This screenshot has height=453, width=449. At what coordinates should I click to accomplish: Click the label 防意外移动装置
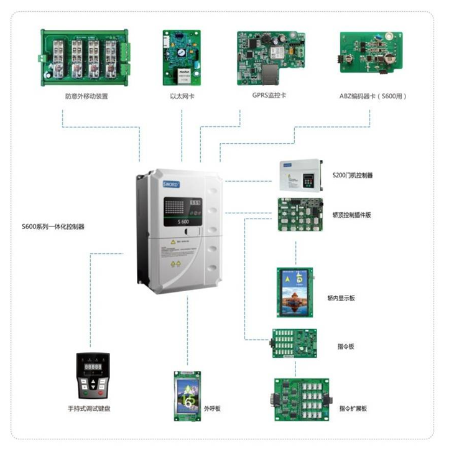tap(86, 96)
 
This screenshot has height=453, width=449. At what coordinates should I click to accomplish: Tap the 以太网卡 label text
tap(182, 96)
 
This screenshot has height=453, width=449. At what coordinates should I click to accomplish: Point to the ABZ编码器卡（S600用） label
tap(373, 96)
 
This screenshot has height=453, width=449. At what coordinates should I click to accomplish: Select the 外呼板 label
tap(213, 408)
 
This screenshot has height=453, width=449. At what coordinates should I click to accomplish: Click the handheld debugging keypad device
tap(93, 376)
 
